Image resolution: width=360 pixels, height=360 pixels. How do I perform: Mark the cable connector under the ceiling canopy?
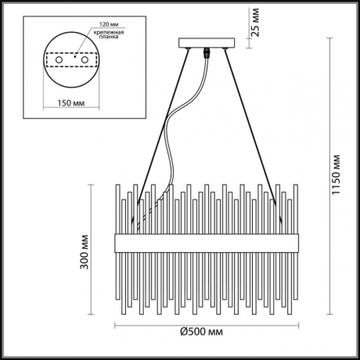[x=207, y=55]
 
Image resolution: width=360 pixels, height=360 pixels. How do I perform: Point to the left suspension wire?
[x=160, y=133]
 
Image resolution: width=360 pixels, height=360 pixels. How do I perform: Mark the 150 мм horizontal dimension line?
[x=70, y=92]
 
